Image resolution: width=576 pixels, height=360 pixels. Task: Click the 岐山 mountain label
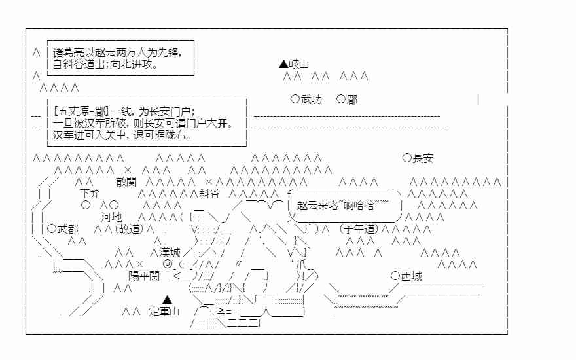298,64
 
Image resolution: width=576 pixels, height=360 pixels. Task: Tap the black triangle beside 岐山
283,64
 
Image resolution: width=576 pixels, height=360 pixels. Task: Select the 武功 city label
312,99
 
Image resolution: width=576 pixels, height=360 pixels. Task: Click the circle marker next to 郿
340,99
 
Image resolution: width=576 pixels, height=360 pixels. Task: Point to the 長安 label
423,158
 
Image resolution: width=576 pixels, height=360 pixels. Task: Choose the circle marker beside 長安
407,158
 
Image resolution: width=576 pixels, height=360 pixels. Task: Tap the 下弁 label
90,194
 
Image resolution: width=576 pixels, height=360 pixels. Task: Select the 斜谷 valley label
209,194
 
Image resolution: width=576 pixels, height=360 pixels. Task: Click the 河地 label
111,217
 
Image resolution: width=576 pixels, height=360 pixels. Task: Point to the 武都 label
67,228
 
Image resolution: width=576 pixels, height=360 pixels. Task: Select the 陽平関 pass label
144,276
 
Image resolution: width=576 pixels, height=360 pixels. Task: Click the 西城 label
411,276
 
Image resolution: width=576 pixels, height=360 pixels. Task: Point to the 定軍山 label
164,312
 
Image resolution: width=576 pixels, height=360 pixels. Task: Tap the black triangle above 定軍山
168,298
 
